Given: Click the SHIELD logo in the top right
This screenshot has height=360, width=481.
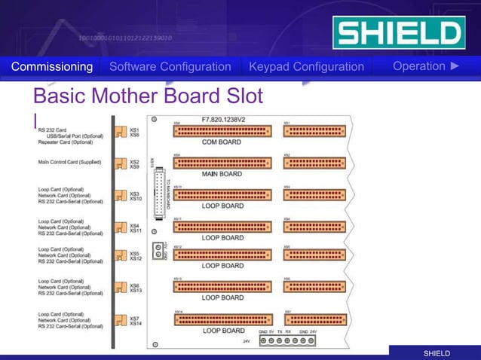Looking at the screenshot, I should pos(399,34).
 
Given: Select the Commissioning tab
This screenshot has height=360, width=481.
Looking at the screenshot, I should pos(52,67).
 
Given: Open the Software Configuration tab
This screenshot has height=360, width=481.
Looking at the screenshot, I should pos(170,67).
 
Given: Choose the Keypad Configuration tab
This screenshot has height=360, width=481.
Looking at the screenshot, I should pos(306,67).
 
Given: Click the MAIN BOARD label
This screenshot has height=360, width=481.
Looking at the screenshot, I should pos(222,174).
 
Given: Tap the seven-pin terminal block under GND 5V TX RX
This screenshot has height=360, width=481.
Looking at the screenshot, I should pos(288,340).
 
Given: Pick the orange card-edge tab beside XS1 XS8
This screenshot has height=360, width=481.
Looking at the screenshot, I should pos(120,132).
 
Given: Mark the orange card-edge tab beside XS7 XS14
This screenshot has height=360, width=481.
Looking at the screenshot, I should pos(120,320).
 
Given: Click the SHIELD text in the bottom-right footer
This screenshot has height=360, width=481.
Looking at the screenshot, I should pos(437,353).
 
